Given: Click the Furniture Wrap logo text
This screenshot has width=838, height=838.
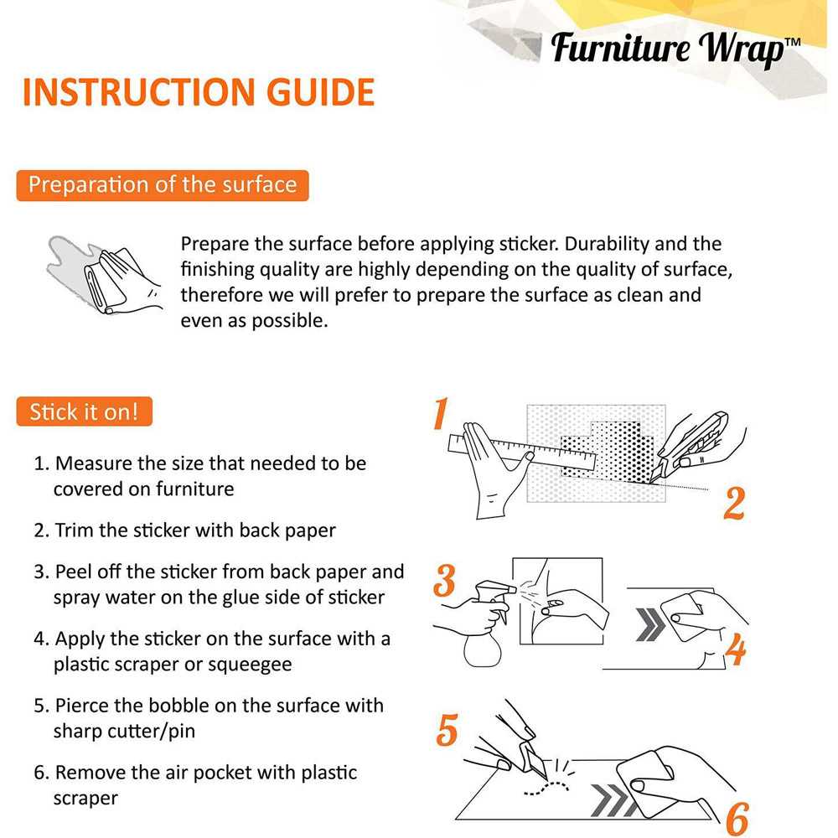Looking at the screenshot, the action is (x=668, y=49).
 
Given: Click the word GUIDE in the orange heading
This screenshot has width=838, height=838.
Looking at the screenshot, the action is (x=321, y=92).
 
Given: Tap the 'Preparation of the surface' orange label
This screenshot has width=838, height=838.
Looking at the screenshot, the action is (x=163, y=185).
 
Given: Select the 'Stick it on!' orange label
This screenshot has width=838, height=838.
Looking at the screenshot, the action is (x=85, y=411).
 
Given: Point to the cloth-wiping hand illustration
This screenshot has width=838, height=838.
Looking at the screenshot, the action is (x=104, y=275).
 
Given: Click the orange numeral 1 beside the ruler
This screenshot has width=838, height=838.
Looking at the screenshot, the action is (x=441, y=413).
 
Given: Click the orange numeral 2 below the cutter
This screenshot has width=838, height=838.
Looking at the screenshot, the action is (x=734, y=503).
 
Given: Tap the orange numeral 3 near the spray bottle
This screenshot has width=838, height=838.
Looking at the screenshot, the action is (x=445, y=581).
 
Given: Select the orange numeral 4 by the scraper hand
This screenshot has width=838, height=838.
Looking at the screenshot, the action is (x=736, y=649).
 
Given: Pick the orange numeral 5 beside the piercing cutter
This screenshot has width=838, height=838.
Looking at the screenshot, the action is (x=447, y=730).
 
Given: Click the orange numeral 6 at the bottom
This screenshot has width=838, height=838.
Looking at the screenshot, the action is (x=737, y=819).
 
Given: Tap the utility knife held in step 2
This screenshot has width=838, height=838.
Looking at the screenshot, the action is (x=690, y=447).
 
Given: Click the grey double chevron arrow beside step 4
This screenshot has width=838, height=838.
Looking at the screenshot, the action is (x=651, y=624).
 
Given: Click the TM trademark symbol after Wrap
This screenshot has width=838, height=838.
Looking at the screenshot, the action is (x=793, y=42).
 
